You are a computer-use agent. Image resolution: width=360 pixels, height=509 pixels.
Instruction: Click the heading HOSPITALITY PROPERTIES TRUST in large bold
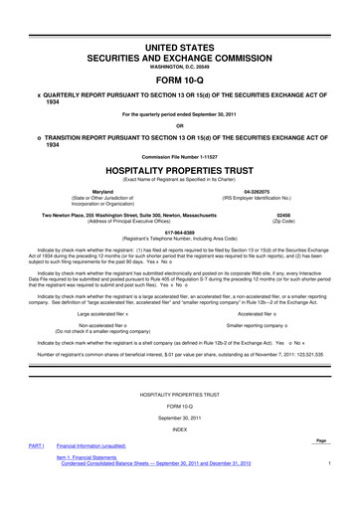tap(180, 171)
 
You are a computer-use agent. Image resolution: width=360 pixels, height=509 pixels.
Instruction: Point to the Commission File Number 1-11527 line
tap(180, 156)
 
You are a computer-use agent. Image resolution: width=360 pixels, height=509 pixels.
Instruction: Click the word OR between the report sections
tap(180, 125)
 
